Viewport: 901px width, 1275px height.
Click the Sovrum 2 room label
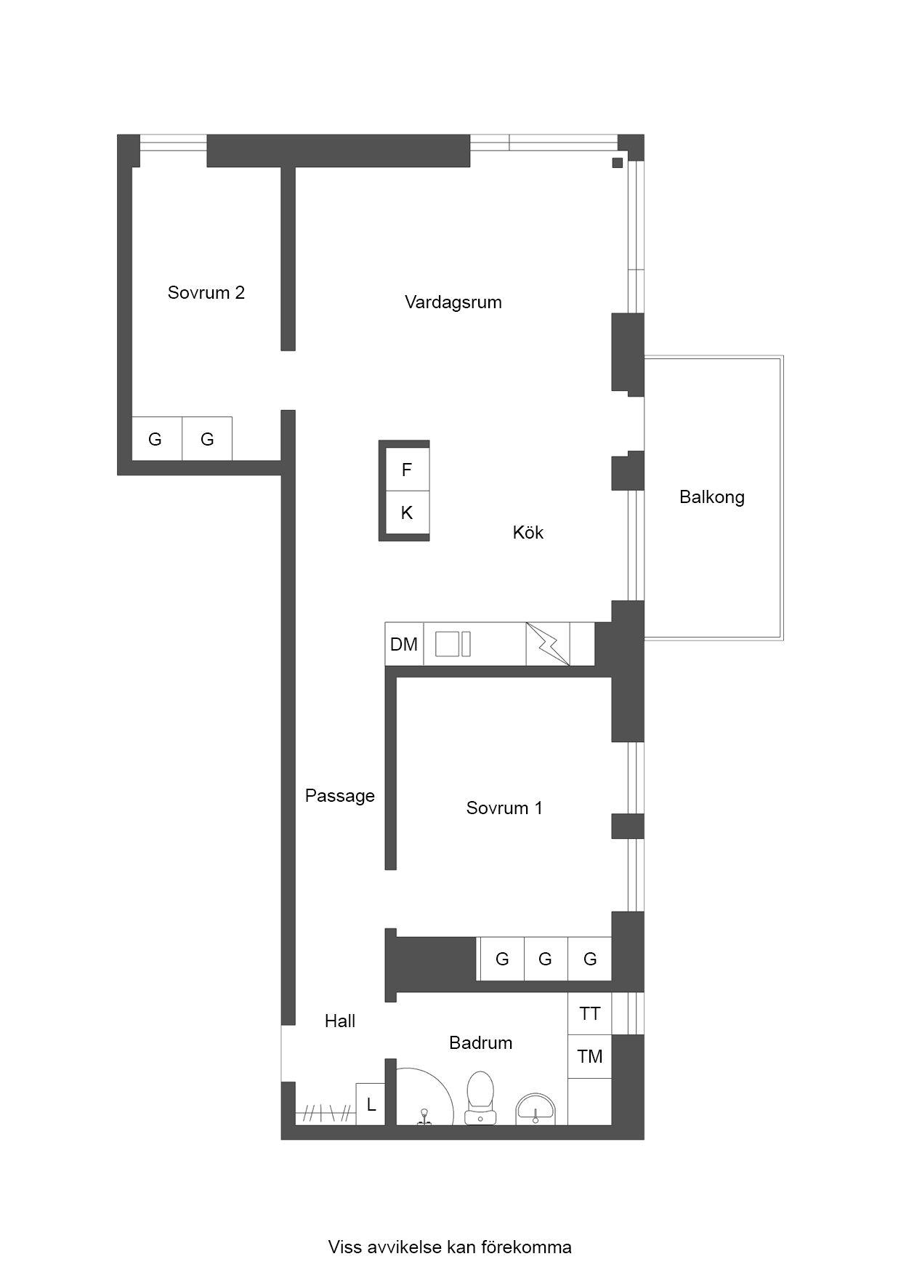click(x=206, y=293)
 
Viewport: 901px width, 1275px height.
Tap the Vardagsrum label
click(x=453, y=302)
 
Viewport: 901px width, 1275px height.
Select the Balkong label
click(x=712, y=497)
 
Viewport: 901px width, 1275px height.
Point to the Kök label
click(x=528, y=532)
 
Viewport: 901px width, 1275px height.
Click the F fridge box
click(x=407, y=470)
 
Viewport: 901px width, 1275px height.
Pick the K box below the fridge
click(x=407, y=513)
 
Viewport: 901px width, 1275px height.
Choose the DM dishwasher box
click(x=404, y=644)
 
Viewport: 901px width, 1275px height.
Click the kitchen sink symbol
click(x=453, y=644)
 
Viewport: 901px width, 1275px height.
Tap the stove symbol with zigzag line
click(x=548, y=644)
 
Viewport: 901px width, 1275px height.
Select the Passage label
click(x=340, y=796)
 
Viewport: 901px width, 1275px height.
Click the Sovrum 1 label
click(x=504, y=808)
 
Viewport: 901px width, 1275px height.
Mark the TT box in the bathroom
click(x=590, y=1013)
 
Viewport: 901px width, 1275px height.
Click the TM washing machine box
click(x=590, y=1056)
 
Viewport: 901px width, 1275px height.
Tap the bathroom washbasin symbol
click(x=536, y=1110)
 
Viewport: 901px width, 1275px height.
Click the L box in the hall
click(x=371, y=1104)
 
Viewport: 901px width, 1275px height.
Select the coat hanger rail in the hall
click(x=326, y=1113)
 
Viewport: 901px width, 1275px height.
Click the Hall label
click(x=340, y=1021)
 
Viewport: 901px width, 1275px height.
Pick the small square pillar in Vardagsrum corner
click(x=618, y=163)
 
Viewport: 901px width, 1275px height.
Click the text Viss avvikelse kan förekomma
click(x=450, y=1247)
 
